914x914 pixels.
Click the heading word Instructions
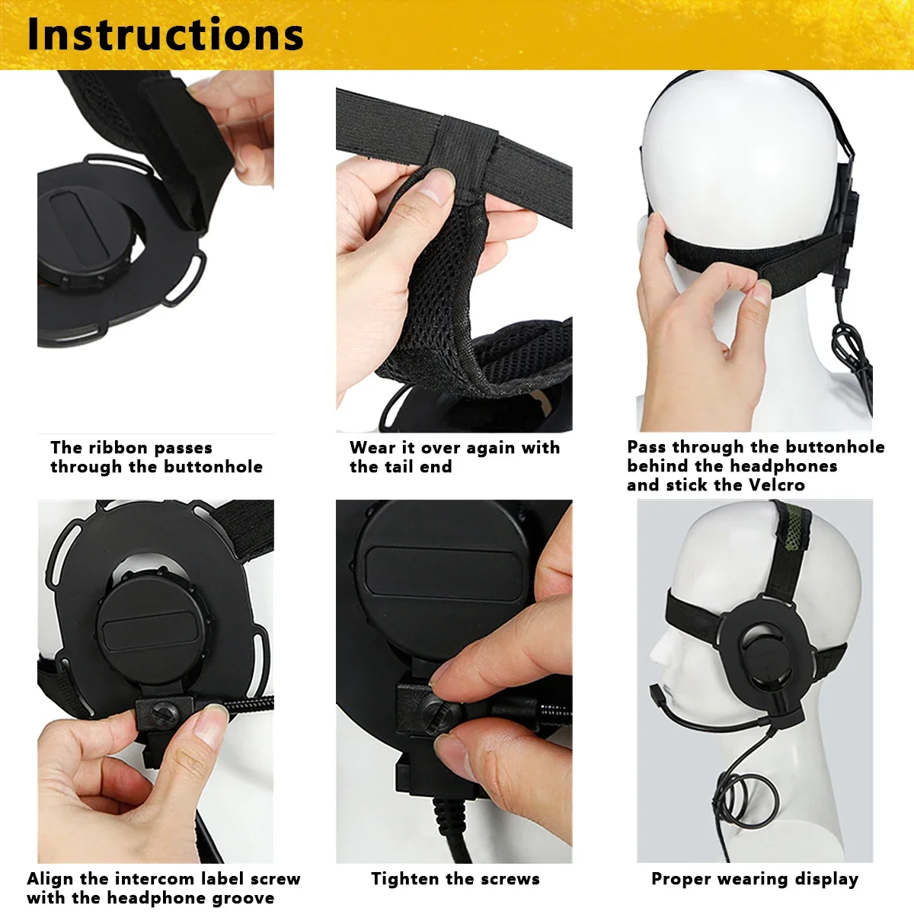[x=165, y=35]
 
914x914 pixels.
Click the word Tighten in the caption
[x=404, y=879]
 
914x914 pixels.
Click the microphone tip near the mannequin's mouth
[x=656, y=694]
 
